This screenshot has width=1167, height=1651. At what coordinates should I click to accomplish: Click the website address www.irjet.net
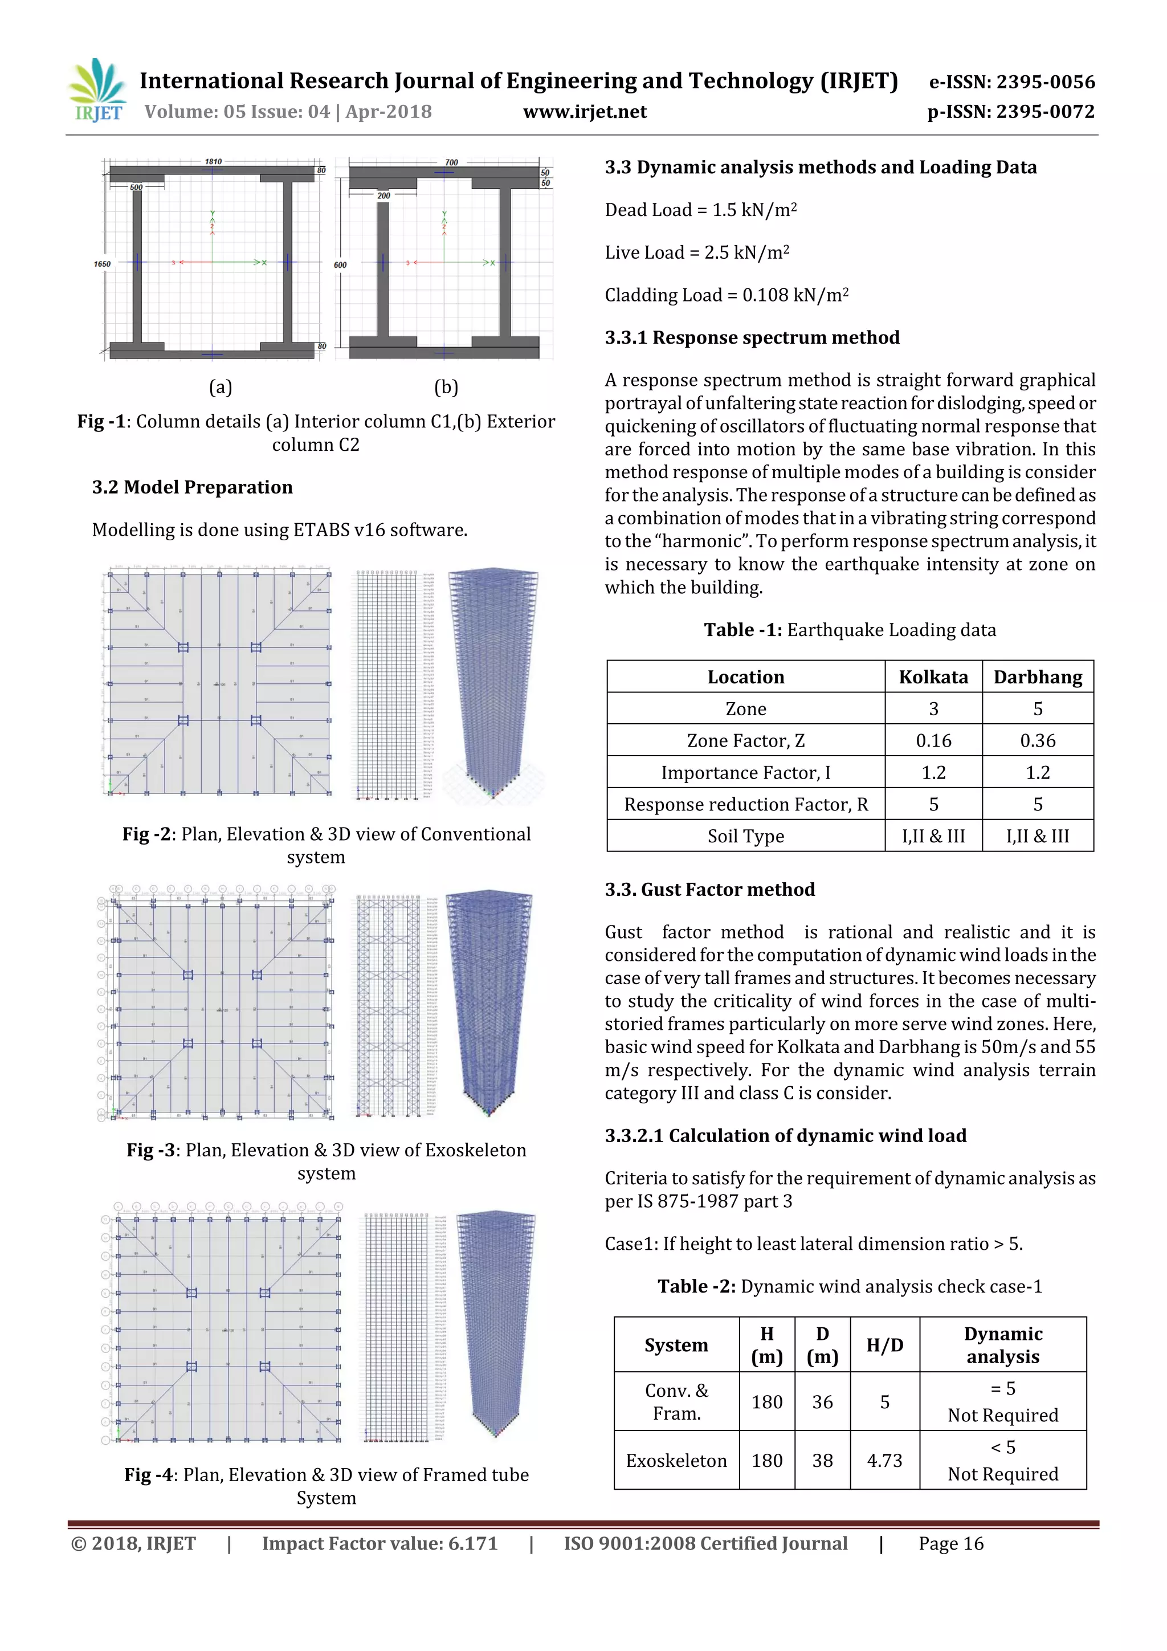pyautogui.click(x=585, y=112)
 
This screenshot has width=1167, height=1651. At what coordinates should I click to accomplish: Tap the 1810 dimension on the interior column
pyautogui.click(x=213, y=162)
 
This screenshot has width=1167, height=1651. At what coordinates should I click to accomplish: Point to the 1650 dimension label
pyautogui.click(x=102, y=264)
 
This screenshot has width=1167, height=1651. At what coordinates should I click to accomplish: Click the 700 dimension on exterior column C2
pyautogui.click(x=451, y=162)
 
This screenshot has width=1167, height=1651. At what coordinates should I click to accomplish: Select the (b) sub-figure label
pyautogui.click(x=446, y=387)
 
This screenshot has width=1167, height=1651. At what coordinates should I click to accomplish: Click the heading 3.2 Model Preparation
pyautogui.click(x=192, y=487)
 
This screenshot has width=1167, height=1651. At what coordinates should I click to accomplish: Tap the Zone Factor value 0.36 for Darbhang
pyautogui.click(x=1037, y=741)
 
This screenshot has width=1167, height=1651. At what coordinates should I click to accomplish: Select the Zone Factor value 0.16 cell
pyautogui.click(x=933, y=741)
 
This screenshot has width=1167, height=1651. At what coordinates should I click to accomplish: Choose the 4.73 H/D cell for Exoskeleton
pyautogui.click(x=884, y=1461)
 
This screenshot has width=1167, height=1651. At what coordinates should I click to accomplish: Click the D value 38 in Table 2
pyautogui.click(x=822, y=1461)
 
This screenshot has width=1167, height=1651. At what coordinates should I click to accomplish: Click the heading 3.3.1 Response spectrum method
pyautogui.click(x=752, y=337)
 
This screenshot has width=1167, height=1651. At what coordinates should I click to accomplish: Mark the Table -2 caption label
pyautogui.click(x=696, y=1286)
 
